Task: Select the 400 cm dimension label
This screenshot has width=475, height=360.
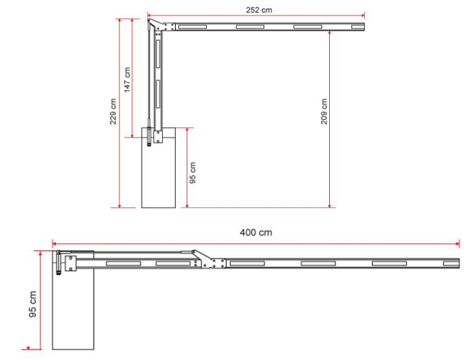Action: click(x=256, y=232)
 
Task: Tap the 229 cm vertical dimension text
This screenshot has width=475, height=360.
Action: click(x=113, y=111)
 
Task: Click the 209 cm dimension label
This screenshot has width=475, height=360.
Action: click(x=324, y=111)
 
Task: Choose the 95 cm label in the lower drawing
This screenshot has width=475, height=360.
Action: click(x=32, y=304)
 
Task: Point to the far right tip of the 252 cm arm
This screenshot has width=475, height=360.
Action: click(x=364, y=27)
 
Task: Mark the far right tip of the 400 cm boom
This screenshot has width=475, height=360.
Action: click(x=459, y=262)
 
